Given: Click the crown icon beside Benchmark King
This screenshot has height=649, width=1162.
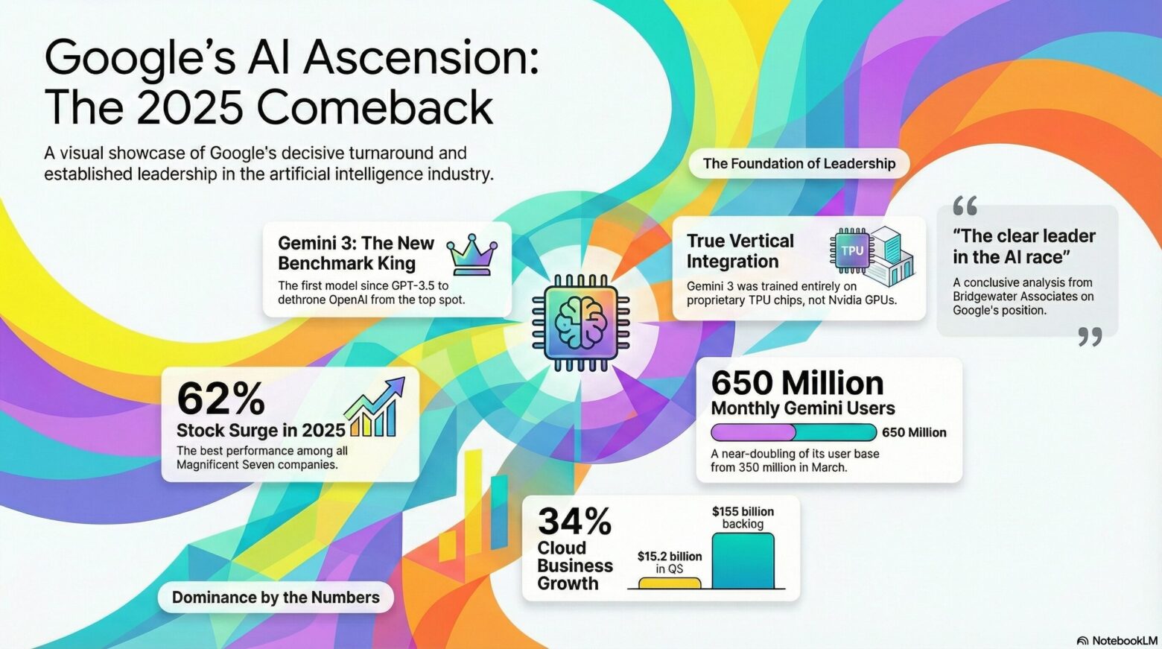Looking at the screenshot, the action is pos(472,254).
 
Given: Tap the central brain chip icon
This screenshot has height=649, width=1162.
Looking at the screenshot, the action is pos(580,322).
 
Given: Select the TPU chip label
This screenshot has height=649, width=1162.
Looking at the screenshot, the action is pos(852,250).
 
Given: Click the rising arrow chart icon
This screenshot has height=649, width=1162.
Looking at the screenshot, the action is pos(374,407).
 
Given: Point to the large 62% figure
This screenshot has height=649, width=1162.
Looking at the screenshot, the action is pos(220,399).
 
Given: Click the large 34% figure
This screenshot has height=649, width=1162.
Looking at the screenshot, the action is pos(574,521).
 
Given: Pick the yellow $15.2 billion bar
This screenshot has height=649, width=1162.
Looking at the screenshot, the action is pos(669,583).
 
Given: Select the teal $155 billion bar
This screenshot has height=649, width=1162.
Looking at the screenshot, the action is pos(743,561).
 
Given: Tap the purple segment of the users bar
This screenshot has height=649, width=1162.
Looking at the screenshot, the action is pos(753,432).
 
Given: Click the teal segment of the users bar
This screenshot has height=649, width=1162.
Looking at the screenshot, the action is pos(836,432).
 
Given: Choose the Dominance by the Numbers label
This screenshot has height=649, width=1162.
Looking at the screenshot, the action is pos(276,597).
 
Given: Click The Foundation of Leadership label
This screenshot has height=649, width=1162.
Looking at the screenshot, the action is pos(799,163).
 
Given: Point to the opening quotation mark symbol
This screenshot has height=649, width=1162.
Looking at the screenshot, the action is pos(965,206).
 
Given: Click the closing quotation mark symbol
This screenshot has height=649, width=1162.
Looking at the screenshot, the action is pos(1090,337).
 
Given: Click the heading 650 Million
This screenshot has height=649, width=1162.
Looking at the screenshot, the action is pos(797,384).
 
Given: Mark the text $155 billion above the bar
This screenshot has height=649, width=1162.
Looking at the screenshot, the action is pos(743,511).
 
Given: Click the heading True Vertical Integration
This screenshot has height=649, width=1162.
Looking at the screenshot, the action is pos(740,251).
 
